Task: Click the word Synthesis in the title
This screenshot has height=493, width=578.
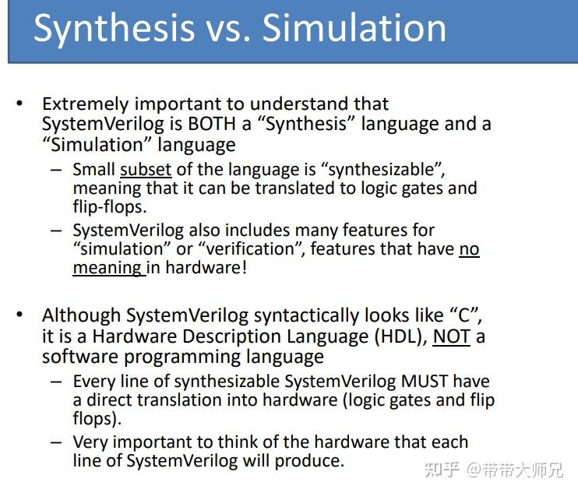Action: click(114, 29)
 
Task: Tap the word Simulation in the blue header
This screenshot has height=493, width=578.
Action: click(354, 27)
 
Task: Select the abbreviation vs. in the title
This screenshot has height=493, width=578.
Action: click(228, 32)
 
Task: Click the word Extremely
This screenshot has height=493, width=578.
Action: click(85, 104)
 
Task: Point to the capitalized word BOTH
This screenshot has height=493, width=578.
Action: click(212, 123)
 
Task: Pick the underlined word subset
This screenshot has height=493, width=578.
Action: click(146, 170)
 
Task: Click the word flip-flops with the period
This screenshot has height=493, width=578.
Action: click(110, 206)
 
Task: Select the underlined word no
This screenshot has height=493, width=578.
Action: click(469, 249)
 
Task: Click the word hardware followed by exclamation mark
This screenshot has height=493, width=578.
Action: click(206, 267)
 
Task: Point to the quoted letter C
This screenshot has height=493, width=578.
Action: click(465, 315)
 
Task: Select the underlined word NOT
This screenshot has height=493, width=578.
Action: click(452, 336)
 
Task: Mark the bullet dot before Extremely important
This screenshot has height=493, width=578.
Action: click(19, 104)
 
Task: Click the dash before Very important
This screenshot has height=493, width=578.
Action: click(56, 442)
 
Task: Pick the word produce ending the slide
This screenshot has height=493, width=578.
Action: click(310, 461)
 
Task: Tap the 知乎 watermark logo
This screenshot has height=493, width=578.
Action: click(442, 470)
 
